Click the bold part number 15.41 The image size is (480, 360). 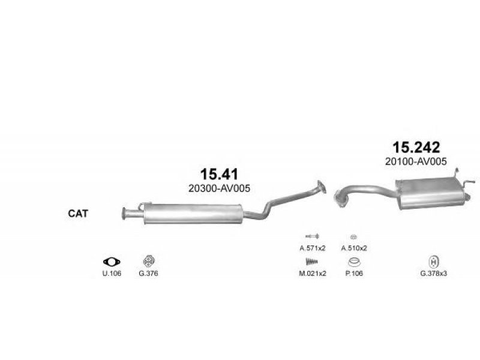219,174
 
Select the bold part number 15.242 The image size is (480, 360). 416,147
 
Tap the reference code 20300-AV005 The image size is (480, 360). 219,188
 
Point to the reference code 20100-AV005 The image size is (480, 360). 416,161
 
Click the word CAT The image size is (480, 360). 78,214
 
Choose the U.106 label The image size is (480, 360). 112,274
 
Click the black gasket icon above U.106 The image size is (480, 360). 112,262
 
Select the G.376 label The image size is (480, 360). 148,274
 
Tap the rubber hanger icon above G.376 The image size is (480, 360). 149,261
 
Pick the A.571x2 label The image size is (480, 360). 313,248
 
